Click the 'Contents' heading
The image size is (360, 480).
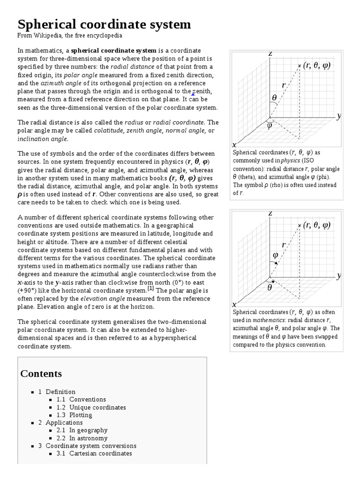41,374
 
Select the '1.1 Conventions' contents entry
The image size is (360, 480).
81,399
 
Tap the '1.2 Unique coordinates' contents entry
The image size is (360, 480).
91,407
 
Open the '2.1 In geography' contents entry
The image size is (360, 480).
82,430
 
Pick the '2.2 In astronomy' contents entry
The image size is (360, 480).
82,438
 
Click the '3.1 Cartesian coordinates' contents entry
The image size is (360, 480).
94,453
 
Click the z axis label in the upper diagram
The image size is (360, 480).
270,54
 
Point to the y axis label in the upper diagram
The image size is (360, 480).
339,116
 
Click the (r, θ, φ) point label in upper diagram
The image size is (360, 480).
317,65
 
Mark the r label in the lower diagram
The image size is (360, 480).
284,245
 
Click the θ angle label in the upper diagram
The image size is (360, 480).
274,97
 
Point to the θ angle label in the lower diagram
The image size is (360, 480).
270,287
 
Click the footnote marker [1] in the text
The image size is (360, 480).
150,288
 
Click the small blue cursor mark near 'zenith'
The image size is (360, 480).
193,94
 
